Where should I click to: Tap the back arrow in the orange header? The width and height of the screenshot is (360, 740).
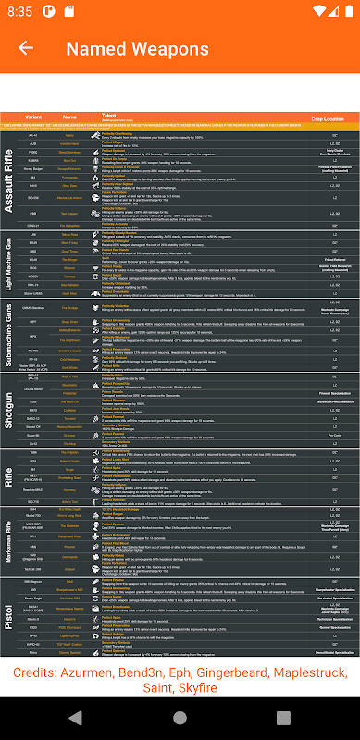[26, 48]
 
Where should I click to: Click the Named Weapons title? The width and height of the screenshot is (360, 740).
[137, 48]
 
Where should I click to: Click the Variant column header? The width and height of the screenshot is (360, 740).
[33, 117]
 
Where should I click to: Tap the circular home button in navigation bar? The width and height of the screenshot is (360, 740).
[180, 718]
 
